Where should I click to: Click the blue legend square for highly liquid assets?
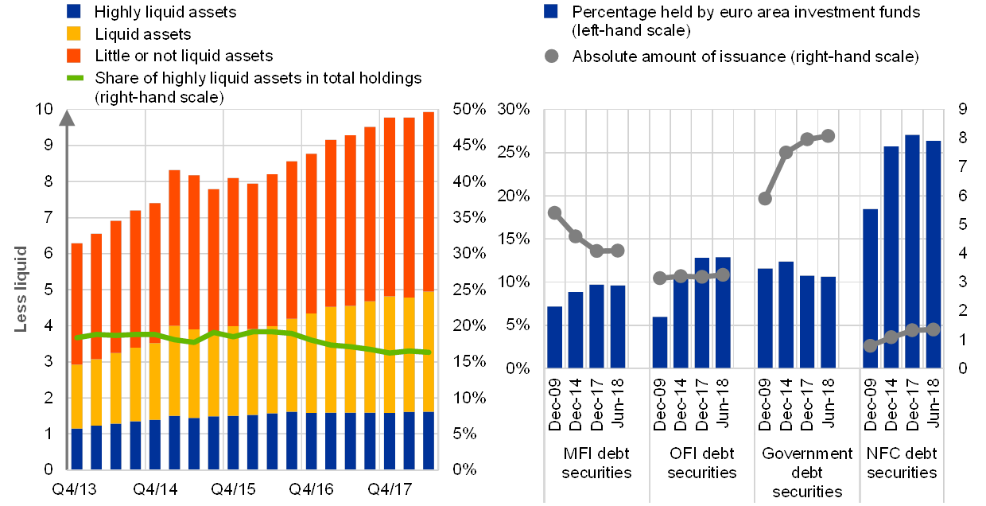73,12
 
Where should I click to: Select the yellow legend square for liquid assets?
73,33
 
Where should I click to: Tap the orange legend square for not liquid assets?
73,55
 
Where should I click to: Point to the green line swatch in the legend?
73,78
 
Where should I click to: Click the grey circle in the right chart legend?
551,56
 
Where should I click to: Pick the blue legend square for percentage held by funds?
551,12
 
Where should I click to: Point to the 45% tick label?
468,145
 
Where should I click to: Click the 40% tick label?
468,181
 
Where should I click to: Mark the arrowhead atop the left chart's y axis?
68,117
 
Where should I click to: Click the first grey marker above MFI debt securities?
555,212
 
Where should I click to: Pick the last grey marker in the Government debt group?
828,136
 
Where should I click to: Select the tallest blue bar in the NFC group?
912,251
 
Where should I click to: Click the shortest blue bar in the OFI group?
660,342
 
